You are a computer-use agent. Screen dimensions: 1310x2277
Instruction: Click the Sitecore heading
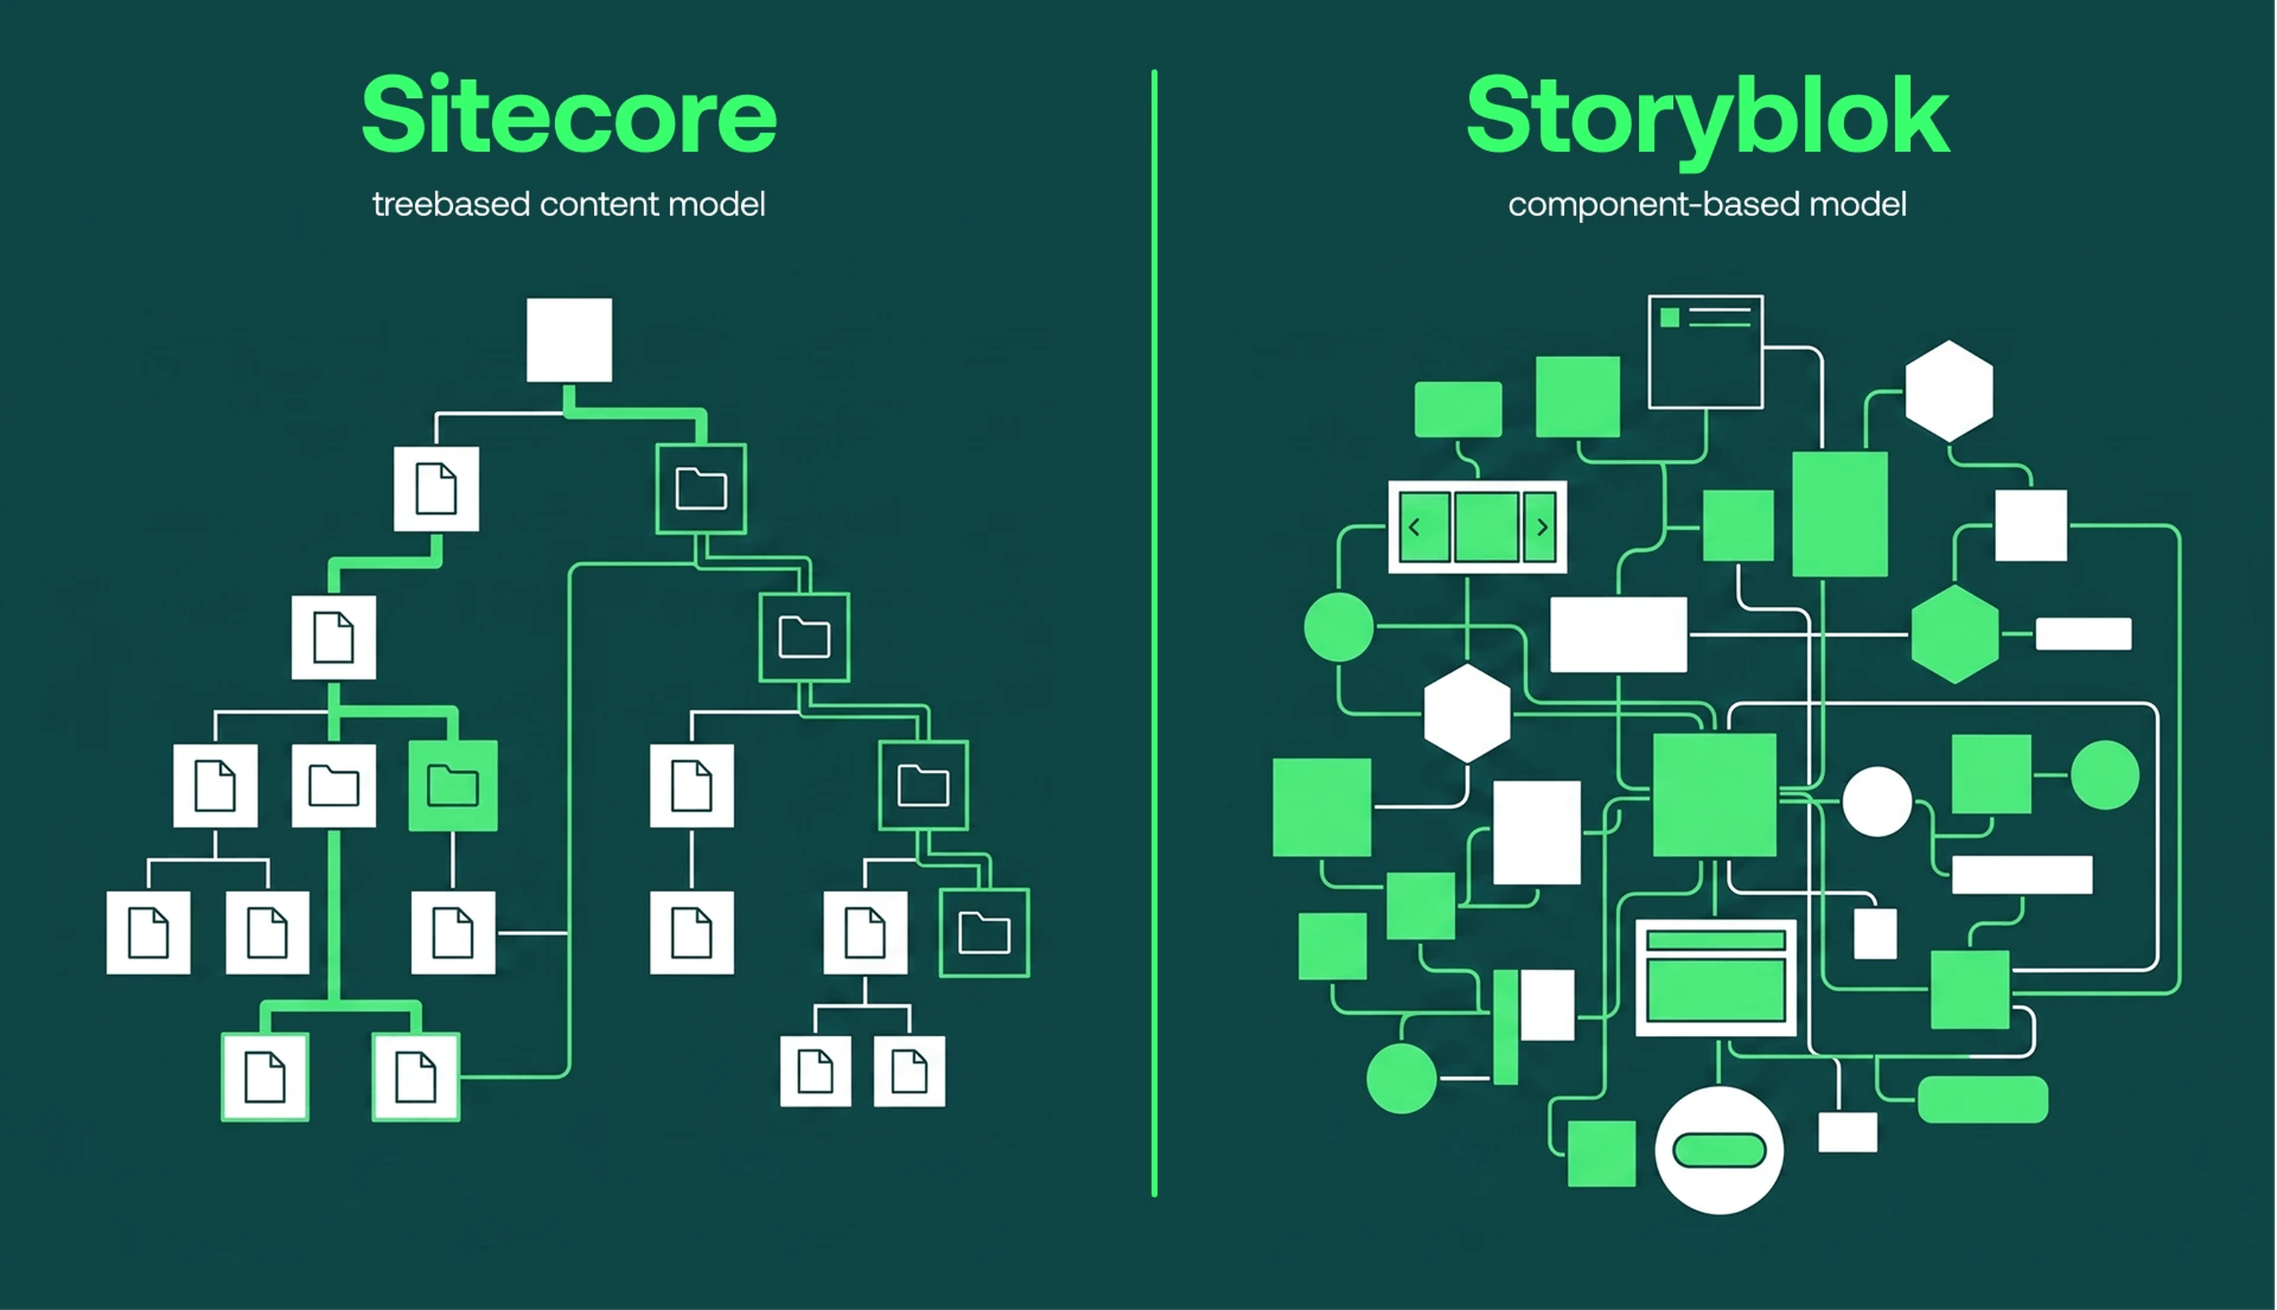569,115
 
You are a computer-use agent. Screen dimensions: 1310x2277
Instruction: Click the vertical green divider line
1154,630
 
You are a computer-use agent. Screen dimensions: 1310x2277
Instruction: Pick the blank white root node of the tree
569,340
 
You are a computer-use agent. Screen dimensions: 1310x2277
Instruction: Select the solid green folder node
453,785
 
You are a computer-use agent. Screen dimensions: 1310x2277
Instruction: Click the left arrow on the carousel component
1414,528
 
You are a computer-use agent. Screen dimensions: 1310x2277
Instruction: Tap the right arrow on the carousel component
1542,528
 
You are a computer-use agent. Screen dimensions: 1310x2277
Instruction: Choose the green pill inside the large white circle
1719,1151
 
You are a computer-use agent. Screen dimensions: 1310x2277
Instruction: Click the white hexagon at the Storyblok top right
1949,390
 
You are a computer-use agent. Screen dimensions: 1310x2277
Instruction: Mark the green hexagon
1955,634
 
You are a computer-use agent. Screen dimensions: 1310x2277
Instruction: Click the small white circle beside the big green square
1877,802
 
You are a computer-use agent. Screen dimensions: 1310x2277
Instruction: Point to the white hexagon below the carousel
1467,714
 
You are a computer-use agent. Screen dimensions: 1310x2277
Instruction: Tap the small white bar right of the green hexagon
2084,634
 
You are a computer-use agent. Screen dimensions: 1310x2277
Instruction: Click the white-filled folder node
334,785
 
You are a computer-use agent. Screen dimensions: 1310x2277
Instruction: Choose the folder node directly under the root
701,488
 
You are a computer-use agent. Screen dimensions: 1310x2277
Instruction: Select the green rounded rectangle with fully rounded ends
1983,1099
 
